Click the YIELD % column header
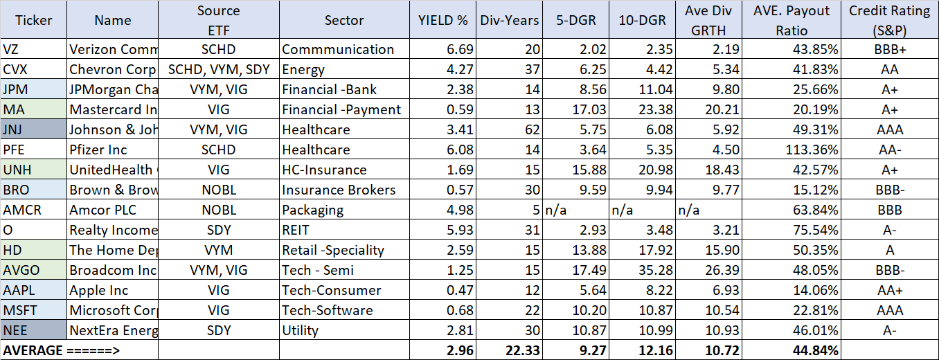pos(443,20)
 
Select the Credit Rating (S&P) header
pos(889,20)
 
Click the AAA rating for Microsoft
pos(889,310)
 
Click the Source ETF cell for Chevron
pos(219,69)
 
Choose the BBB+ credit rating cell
pos(889,49)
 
